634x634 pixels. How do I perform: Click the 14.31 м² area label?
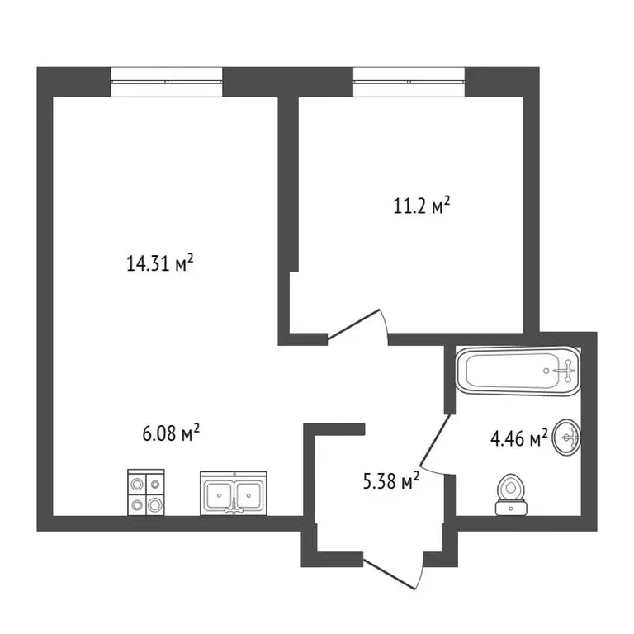click(x=160, y=264)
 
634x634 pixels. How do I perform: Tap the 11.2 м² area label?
click(x=421, y=205)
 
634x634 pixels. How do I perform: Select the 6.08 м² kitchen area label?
click(x=172, y=433)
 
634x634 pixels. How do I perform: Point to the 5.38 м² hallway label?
click(x=391, y=480)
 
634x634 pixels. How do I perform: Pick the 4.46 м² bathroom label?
click(x=519, y=438)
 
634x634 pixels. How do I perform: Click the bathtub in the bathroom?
click(x=518, y=371)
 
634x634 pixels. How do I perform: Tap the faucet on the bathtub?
click(x=565, y=371)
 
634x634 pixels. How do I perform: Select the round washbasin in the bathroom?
click(x=568, y=437)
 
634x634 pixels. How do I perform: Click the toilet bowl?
click(x=512, y=488)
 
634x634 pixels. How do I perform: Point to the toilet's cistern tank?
click(x=512, y=508)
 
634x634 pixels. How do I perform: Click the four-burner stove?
click(x=145, y=493)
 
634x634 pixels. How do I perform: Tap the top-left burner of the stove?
click(x=136, y=483)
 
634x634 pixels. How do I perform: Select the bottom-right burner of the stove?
click(x=154, y=503)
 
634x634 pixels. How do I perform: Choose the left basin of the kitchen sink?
click(x=218, y=494)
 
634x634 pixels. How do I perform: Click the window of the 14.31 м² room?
click(x=167, y=82)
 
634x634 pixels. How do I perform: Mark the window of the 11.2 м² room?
click(x=409, y=82)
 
